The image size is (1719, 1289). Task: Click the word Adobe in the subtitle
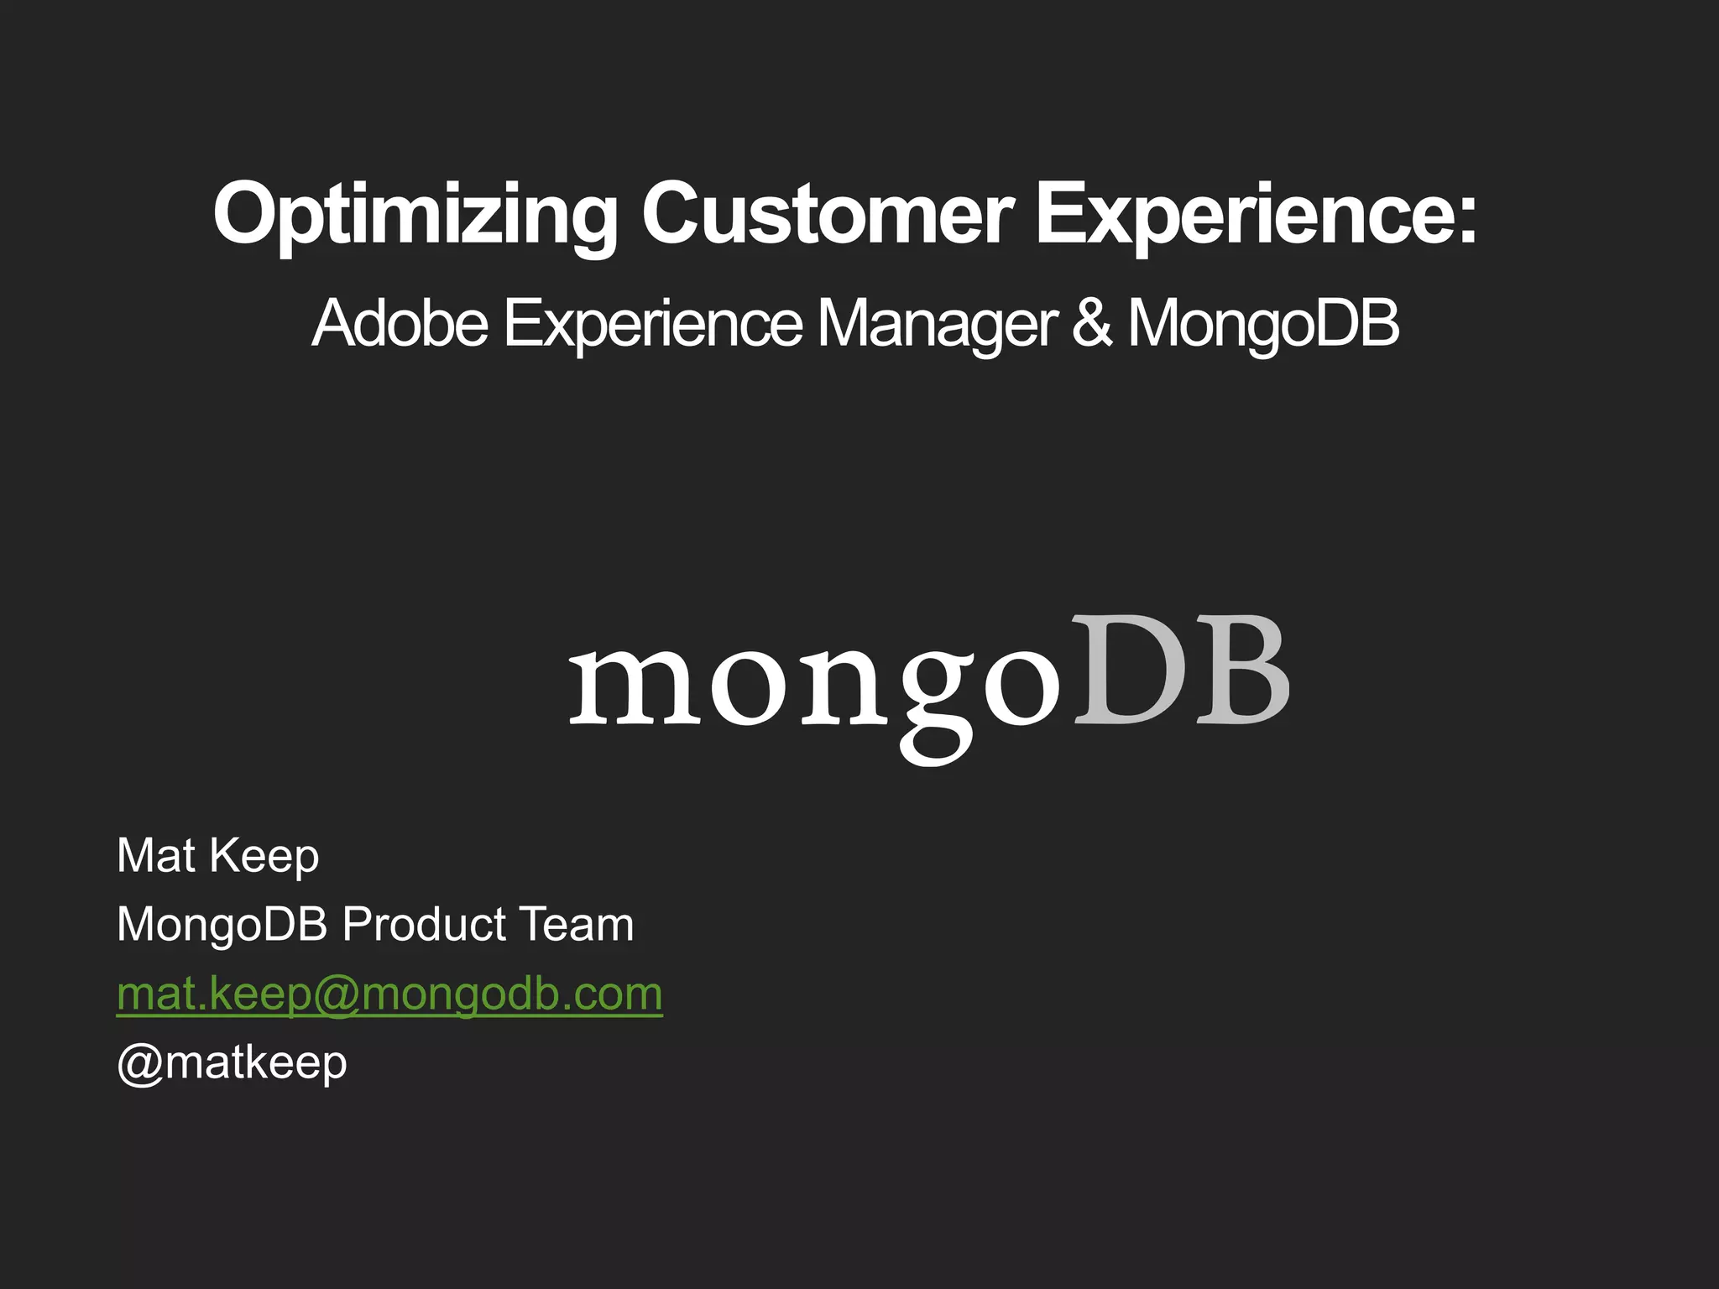pyautogui.click(x=400, y=323)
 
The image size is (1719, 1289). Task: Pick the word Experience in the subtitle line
pyautogui.click(x=653, y=323)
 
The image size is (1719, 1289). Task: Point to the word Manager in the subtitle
pyautogui.click(x=937, y=323)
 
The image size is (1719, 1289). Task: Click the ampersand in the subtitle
pyautogui.click(x=1092, y=323)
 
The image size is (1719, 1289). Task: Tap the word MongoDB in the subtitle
pyautogui.click(x=1263, y=323)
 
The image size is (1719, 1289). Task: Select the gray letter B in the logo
pyautogui.click(x=1242, y=671)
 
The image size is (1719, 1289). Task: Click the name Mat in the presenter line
pyautogui.click(x=156, y=856)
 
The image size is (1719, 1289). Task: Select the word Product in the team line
pyautogui.click(x=425, y=925)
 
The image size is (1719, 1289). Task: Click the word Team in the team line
pyautogui.click(x=575, y=925)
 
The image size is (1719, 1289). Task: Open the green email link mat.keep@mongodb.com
pyautogui.click(x=389, y=994)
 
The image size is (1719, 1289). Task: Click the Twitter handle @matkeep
pyautogui.click(x=232, y=1063)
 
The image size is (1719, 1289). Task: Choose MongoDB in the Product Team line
pyautogui.click(x=222, y=925)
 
